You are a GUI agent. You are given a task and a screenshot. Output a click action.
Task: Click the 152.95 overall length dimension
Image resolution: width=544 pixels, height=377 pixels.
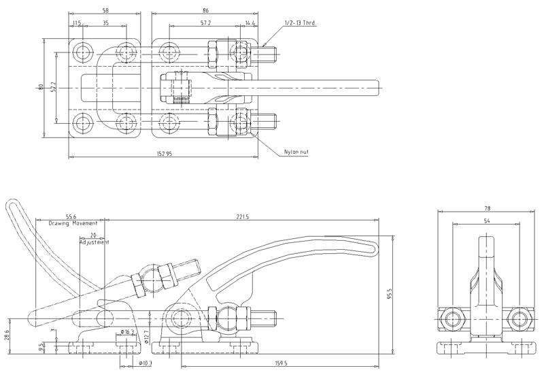(x=164, y=154)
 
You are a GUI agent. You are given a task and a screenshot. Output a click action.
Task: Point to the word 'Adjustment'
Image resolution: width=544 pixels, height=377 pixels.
(x=94, y=242)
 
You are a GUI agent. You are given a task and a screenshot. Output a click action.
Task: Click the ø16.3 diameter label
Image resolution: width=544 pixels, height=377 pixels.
(x=129, y=331)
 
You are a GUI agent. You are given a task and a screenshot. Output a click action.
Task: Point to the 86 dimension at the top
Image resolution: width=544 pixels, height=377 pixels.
(x=204, y=11)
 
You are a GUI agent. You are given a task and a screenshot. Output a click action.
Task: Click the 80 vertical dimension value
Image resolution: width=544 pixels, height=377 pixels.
(x=41, y=87)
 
